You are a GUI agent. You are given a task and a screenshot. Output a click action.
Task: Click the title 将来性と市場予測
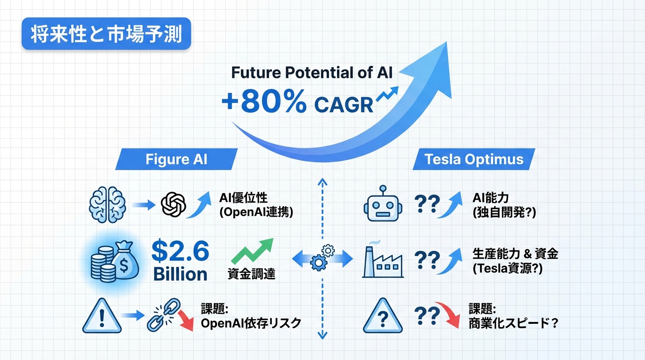click(x=106, y=34)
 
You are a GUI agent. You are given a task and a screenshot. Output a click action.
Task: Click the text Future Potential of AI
click(x=312, y=72)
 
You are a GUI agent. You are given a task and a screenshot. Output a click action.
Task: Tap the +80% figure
click(x=264, y=101)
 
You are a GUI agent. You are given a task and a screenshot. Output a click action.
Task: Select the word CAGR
click(x=344, y=105)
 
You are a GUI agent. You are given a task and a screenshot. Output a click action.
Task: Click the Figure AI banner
click(x=176, y=159)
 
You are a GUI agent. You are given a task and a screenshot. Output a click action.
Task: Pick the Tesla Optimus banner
click(x=473, y=159)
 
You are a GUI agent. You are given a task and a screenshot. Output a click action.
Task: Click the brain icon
click(x=107, y=204)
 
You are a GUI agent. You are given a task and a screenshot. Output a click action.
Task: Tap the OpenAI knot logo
click(x=173, y=204)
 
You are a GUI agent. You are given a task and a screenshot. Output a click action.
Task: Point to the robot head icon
click(x=382, y=203)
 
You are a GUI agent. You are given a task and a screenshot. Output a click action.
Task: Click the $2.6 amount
click(x=180, y=251)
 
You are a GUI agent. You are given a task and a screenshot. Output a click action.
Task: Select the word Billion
click(x=180, y=274)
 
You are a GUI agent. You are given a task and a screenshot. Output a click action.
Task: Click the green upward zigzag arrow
click(x=253, y=251)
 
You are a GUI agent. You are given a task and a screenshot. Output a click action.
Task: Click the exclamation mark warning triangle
click(x=102, y=316)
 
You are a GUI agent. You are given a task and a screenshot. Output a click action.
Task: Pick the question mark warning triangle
click(x=382, y=316)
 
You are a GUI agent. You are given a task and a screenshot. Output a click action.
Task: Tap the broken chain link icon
click(x=164, y=315)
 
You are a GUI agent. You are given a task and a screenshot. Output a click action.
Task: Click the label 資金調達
click(x=251, y=274)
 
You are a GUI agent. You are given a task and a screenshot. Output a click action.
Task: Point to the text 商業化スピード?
click(x=513, y=323)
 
